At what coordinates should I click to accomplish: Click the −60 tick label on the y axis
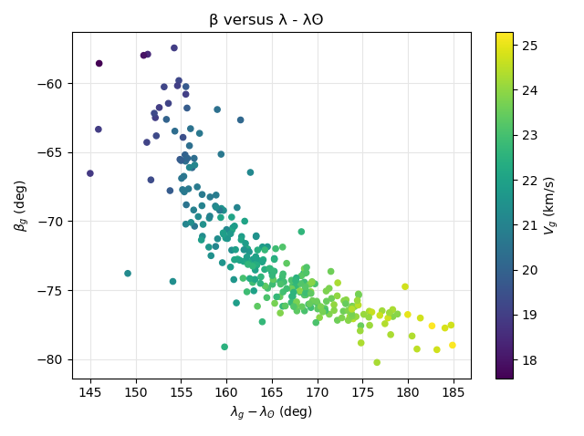click(51, 84)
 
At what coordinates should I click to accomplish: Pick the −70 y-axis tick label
click(51, 222)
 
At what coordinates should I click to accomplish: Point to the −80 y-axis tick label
click(51, 359)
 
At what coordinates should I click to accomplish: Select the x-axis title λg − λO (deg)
click(271, 412)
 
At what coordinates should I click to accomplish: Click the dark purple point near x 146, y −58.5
click(99, 64)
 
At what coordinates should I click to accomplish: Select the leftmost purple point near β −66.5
click(90, 173)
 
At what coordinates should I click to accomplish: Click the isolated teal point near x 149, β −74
click(128, 274)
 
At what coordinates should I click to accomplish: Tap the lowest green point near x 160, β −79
click(224, 347)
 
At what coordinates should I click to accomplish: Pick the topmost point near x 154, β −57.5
click(174, 48)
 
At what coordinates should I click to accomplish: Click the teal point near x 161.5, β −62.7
click(241, 119)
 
